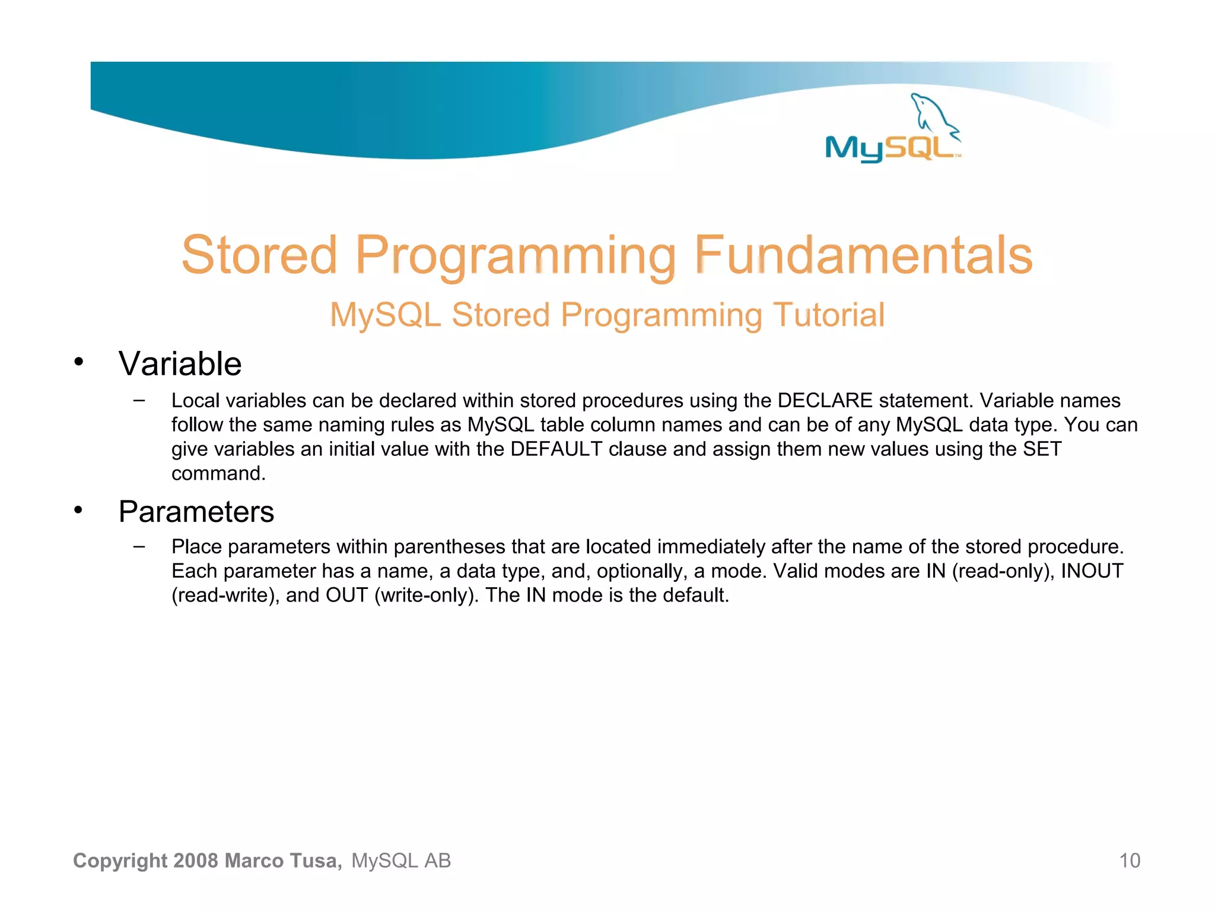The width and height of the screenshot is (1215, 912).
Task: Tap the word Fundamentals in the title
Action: click(863, 255)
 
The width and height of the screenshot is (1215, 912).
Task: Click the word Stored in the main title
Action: click(259, 255)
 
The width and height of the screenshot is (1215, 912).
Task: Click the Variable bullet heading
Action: click(180, 363)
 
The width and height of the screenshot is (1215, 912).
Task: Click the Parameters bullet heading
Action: click(196, 512)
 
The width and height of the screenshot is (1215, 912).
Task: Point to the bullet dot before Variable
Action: click(79, 362)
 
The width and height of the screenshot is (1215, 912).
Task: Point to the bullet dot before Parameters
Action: click(79, 510)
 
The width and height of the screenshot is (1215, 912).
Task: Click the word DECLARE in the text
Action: click(825, 401)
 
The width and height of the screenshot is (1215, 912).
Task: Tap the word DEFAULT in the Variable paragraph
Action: click(556, 449)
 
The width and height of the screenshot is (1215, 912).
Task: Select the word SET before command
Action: click(1042, 449)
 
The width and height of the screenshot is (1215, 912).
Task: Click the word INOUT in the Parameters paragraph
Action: click(1092, 571)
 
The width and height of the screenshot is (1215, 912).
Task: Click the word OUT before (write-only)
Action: click(346, 596)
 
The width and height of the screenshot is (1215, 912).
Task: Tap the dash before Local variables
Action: click(139, 400)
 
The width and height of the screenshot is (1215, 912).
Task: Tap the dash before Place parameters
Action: click(139, 546)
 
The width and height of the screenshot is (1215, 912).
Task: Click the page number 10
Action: click(1129, 861)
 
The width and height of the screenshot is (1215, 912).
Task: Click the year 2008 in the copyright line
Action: click(196, 861)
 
